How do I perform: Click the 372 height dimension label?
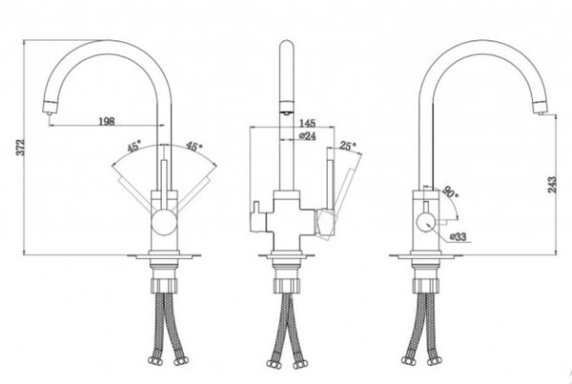coord(22,148)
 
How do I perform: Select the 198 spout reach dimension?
coord(107,121)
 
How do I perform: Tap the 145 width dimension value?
coord(307,123)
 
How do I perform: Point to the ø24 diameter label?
coord(308,136)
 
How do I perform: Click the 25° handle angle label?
coord(348,146)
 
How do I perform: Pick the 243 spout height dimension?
coord(552,185)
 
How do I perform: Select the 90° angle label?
coord(451,192)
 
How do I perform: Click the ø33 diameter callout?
coord(458,237)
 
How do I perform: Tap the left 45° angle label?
coord(133,147)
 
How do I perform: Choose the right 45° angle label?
coord(194,146)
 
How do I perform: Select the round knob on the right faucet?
coord(425,222)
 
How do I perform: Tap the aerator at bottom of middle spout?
coord(286,108)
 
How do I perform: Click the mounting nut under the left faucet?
coord(164,285)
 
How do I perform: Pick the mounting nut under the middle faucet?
coord(287,285)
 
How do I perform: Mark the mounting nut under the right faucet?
coord(426,285)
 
